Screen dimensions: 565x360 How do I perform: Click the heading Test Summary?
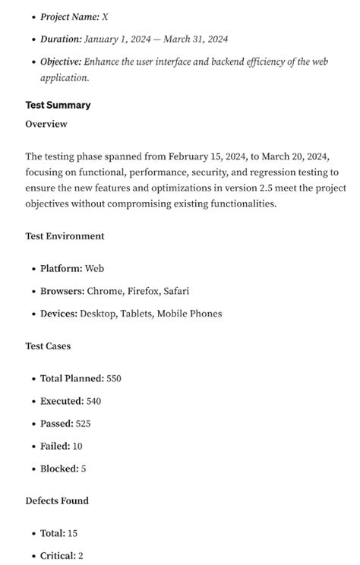point(58,105)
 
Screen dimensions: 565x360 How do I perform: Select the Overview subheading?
point(46,124)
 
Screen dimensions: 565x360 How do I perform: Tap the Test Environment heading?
point(65,236)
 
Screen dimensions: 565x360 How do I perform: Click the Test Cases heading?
point(48,346)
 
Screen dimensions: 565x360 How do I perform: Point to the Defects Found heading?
point(57,500)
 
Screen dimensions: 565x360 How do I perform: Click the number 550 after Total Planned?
point(114,378)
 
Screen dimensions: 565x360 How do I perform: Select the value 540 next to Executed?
point(93,401)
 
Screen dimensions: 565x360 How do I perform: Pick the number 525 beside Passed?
point(84,424)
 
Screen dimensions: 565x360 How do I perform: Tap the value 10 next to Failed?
point(77,447)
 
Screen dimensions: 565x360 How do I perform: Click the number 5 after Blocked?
point(84,469)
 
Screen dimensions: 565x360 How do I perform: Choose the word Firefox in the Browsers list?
point(142,291)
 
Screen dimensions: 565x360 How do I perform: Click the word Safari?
point(176,291)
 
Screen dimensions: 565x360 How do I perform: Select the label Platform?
point(62,269)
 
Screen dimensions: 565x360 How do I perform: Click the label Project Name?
point(69,17)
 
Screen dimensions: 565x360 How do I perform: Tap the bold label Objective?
point(61,62)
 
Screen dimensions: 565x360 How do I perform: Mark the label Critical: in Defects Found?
point(58,556)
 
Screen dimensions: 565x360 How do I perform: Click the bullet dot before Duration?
point(33,39)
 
